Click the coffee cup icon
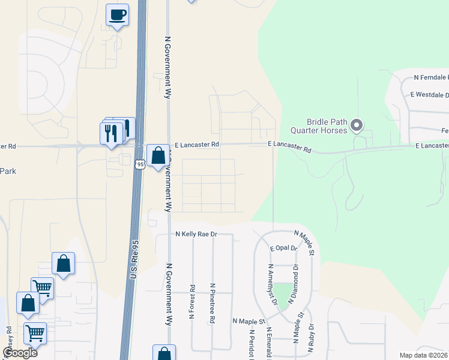[x=117, y=14]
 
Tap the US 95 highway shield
[x=139, y=164]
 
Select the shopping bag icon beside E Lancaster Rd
[x=157, y=156]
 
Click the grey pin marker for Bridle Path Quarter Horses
[x=357, y=125]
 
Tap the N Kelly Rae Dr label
[x=196, y=234]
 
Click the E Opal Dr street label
[x=283, y=248]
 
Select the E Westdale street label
[x=429, y=95]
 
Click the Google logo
[x=20, y=352]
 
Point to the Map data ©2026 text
[x=424, y=356]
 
